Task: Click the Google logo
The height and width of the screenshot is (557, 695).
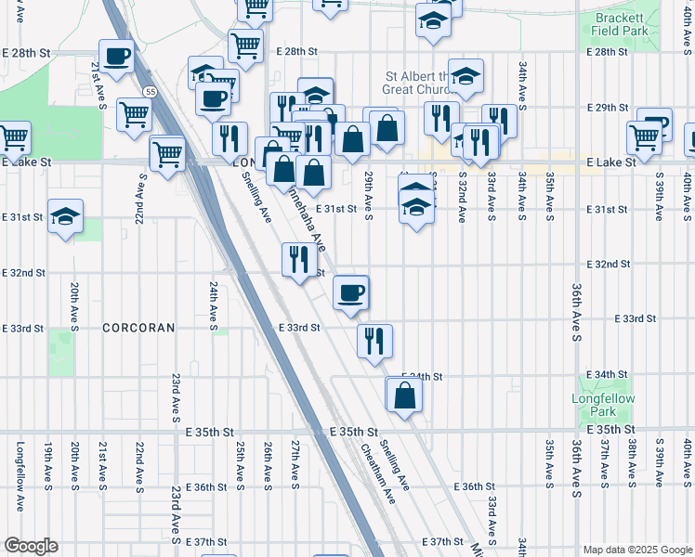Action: (30, 546)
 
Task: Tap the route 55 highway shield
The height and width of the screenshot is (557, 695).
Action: (149, 91)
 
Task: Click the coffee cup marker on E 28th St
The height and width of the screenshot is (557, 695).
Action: (117, 58)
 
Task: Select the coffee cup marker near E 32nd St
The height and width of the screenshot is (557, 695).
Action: (351, 293)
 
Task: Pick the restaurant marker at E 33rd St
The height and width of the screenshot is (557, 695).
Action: (374, 341)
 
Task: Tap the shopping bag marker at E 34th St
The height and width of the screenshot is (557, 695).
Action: (404, 395)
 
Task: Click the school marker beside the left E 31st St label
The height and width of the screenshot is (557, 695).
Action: (65, 217)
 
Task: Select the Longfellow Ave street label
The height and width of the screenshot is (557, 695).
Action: (20, 475)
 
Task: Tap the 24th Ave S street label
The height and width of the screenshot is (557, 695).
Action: (213, 307)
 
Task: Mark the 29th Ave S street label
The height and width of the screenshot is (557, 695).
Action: (369, 196)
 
